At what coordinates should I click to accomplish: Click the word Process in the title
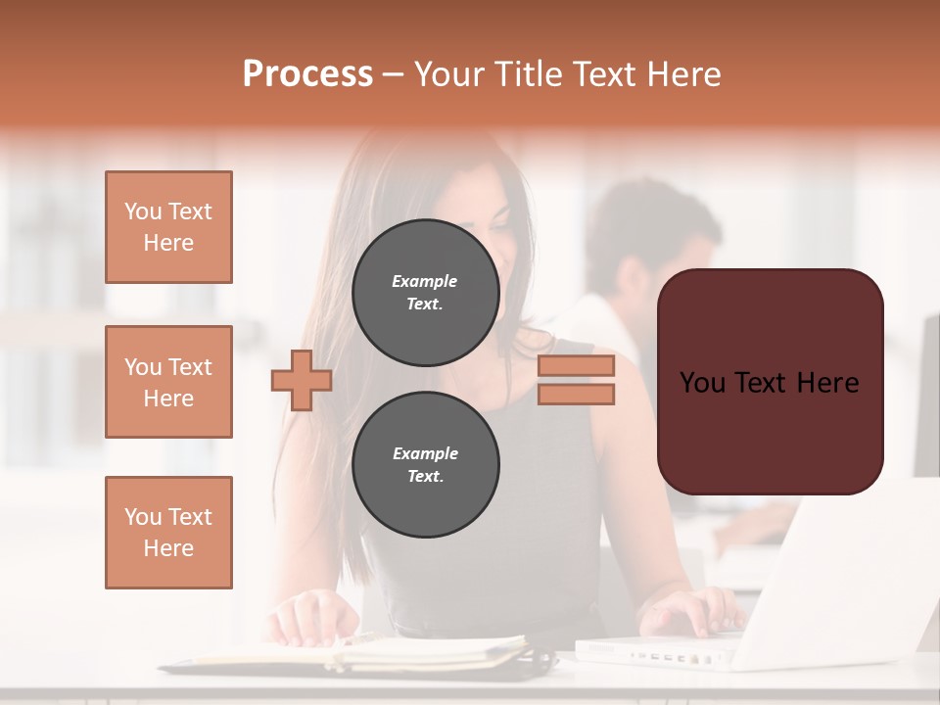click(x=307, y=74)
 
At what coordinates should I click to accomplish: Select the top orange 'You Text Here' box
click(x=168, y=227)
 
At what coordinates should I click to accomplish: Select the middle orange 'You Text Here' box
click(x=168, y=382)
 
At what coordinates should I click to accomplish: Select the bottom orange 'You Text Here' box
click(x=168, y=532)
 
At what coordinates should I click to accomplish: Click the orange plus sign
click(x=302, y=380)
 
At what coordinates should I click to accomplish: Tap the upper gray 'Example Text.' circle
click(x=425, y=293)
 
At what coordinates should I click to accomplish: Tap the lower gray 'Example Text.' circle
click(x=425, y=464)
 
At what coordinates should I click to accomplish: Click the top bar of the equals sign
click(x=576, y=365)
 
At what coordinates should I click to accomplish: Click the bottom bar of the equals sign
click(x=576, y=394)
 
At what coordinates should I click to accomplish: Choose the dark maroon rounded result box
click(x=770, y=382)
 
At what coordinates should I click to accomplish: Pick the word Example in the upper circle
click(x=425, y=281)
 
